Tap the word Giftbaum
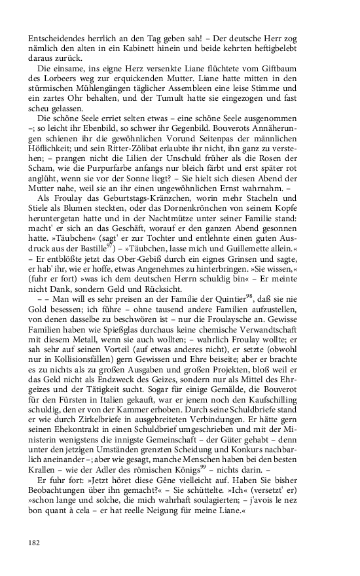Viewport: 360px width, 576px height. (306, 69)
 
